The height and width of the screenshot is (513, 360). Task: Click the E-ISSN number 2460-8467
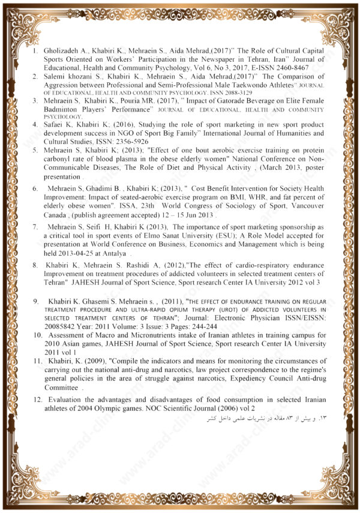(306, 68)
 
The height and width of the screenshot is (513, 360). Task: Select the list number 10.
(37, 336)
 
